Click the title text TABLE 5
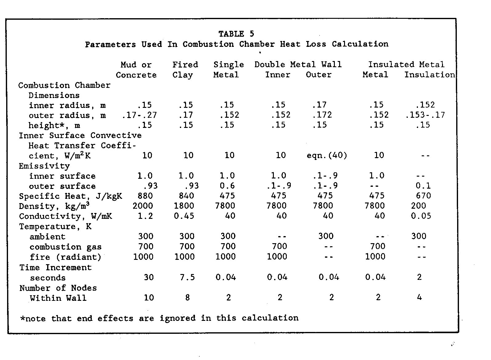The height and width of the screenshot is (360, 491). tap(236, 34)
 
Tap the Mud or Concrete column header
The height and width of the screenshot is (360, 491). tap(136, 70)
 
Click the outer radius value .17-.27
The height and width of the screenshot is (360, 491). tap(140, 115)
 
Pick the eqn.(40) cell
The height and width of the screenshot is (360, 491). tap(327, 155)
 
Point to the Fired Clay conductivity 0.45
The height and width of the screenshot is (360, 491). tap(184, 216)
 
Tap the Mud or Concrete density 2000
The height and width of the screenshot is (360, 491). tap(143, 206)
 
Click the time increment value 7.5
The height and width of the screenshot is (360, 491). tap(187, 277)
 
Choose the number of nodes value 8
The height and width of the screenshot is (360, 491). tap(187, 298)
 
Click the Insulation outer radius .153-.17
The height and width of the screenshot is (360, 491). tap(425, 115)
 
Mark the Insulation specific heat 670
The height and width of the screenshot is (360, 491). tap(423, 196)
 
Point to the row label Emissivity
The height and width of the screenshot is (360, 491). tap(44, 166)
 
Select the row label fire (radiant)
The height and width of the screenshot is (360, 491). tap(66, 257)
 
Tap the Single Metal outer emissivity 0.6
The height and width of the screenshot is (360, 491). tap(227, 186)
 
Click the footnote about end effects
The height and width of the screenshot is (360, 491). tap(159, 318)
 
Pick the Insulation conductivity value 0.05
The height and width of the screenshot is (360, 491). tap(421, 216)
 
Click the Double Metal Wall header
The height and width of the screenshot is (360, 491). tap(298, 64)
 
